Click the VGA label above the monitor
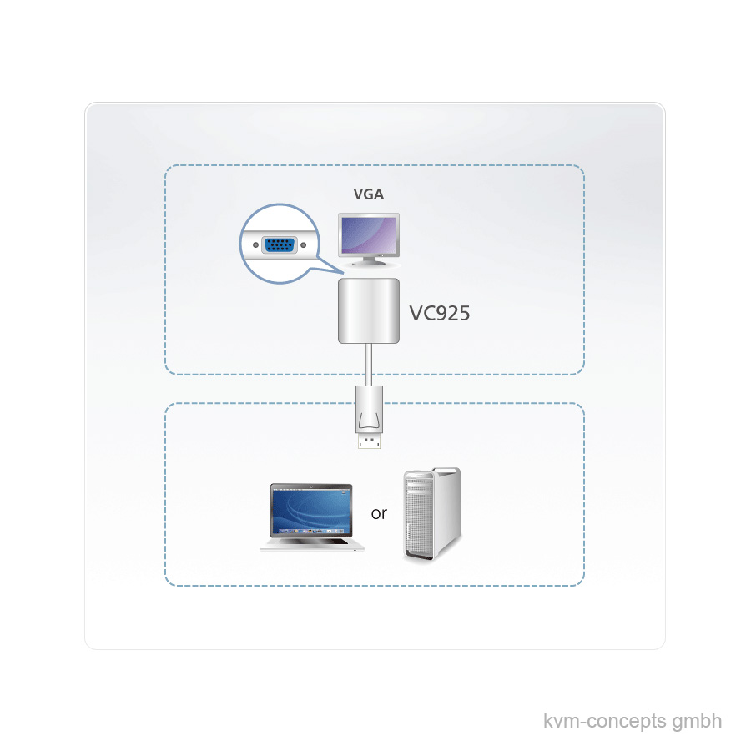coord(369,195)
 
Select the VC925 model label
coord(440,313)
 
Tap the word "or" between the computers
coord(379,513)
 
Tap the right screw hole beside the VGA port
coord(303,245)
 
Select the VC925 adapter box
coord(368,311)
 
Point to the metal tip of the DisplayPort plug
coord(368,442)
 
